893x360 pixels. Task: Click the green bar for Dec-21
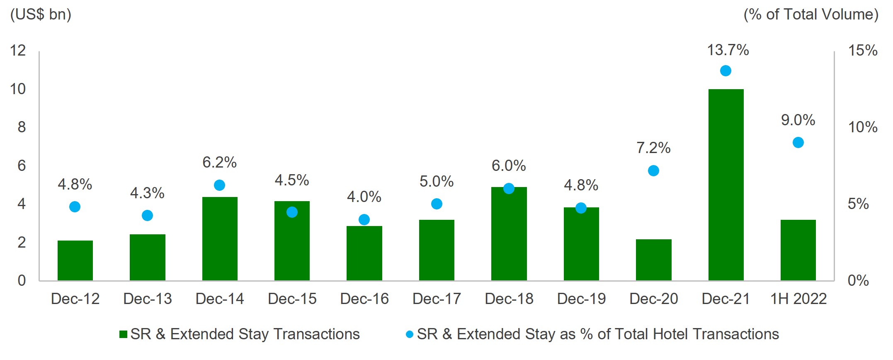point(726,185)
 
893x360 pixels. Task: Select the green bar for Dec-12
point(75,260)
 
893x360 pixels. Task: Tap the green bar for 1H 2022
point(798,250)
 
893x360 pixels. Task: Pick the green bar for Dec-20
point(653,260)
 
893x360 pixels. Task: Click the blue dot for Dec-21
point(726,71)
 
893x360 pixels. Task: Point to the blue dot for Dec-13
point(147,215)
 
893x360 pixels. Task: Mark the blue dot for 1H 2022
point(798,143)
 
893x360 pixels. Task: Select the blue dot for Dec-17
point(437,204)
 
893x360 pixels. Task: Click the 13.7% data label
point(728,50)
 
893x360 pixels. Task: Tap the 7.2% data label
point(653,148)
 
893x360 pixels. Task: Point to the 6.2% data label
point(219,162)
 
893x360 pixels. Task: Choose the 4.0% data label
point(364,197)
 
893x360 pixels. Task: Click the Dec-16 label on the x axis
point(364,299)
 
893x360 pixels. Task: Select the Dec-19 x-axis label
point(581,299)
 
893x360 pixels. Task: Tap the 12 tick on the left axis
point(18,51)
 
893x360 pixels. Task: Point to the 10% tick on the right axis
point(862,127)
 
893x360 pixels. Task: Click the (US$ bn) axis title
point(41,15)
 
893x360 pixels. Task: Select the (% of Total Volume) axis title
point(811,15)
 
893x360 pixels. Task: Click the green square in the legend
point(123,334)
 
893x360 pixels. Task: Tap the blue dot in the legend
point(410,334)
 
